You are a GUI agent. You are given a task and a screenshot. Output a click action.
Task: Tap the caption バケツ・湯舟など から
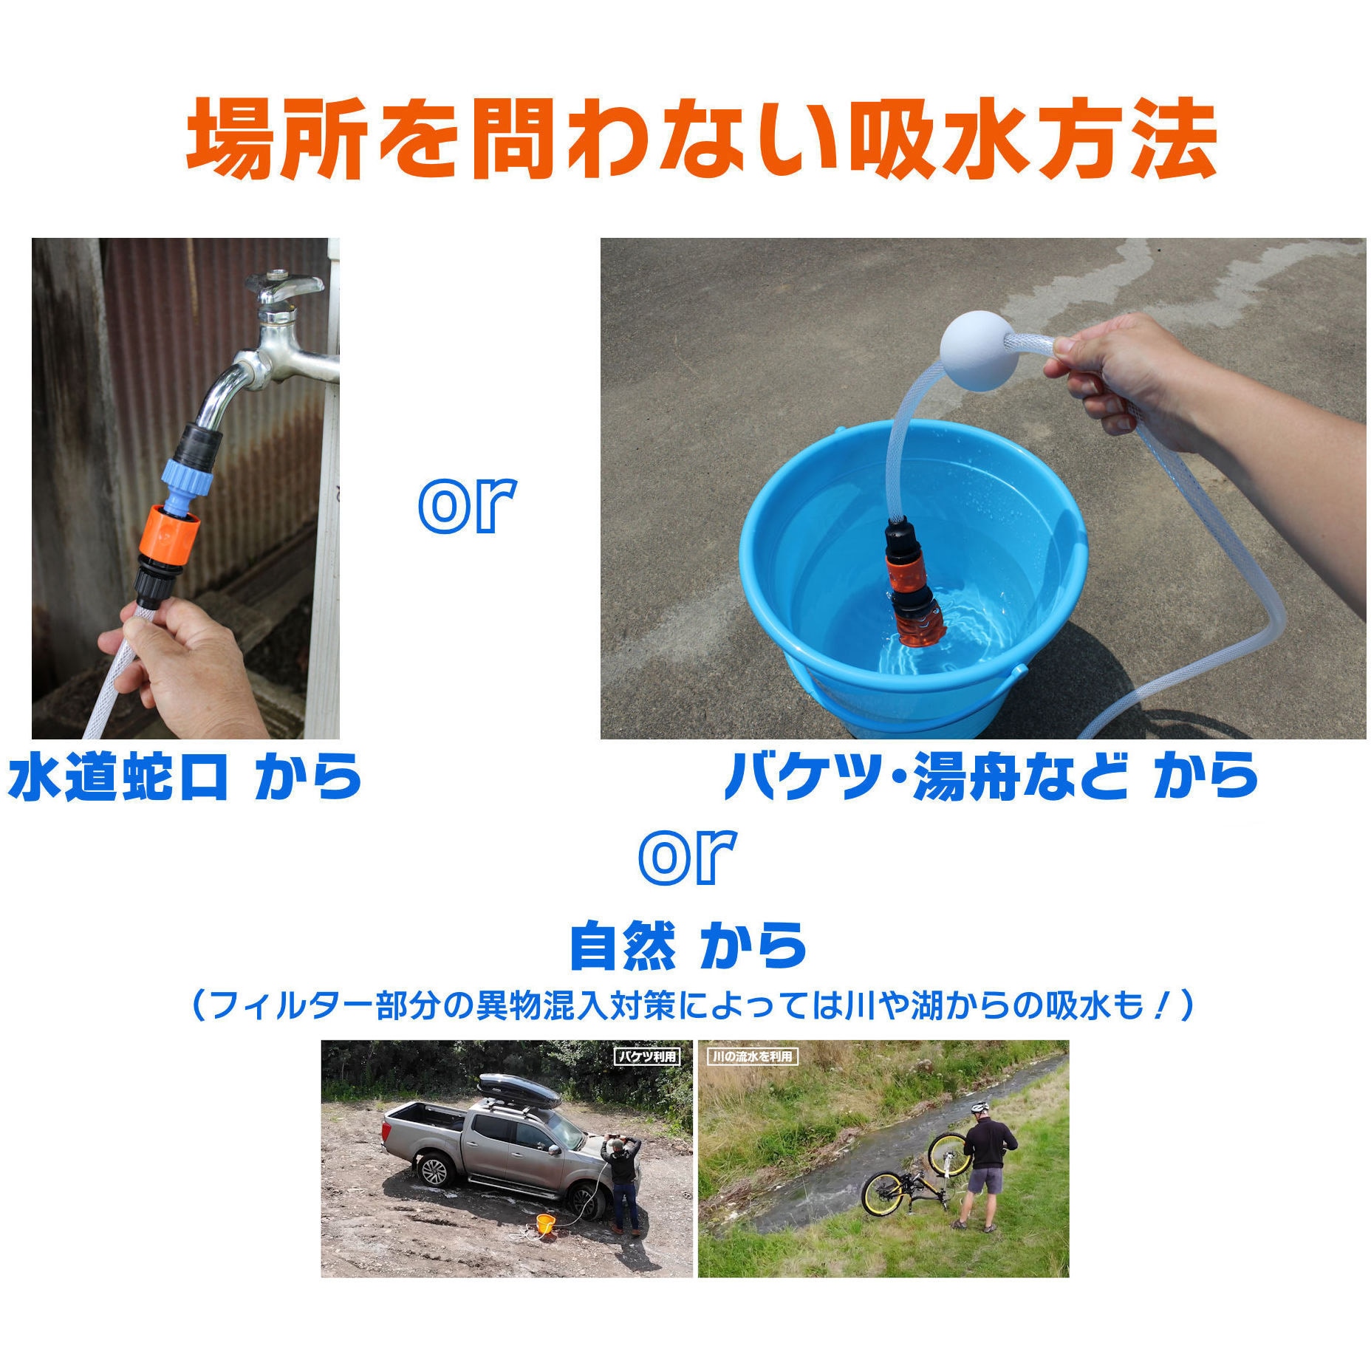(x=991, y=776)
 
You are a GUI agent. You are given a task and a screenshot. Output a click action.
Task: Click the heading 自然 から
(x=687, y=946)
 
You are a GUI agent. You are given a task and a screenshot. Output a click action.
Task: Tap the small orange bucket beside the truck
(x=545, y=1224)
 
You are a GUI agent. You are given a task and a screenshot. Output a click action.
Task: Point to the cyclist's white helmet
(x=979, y=1107)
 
